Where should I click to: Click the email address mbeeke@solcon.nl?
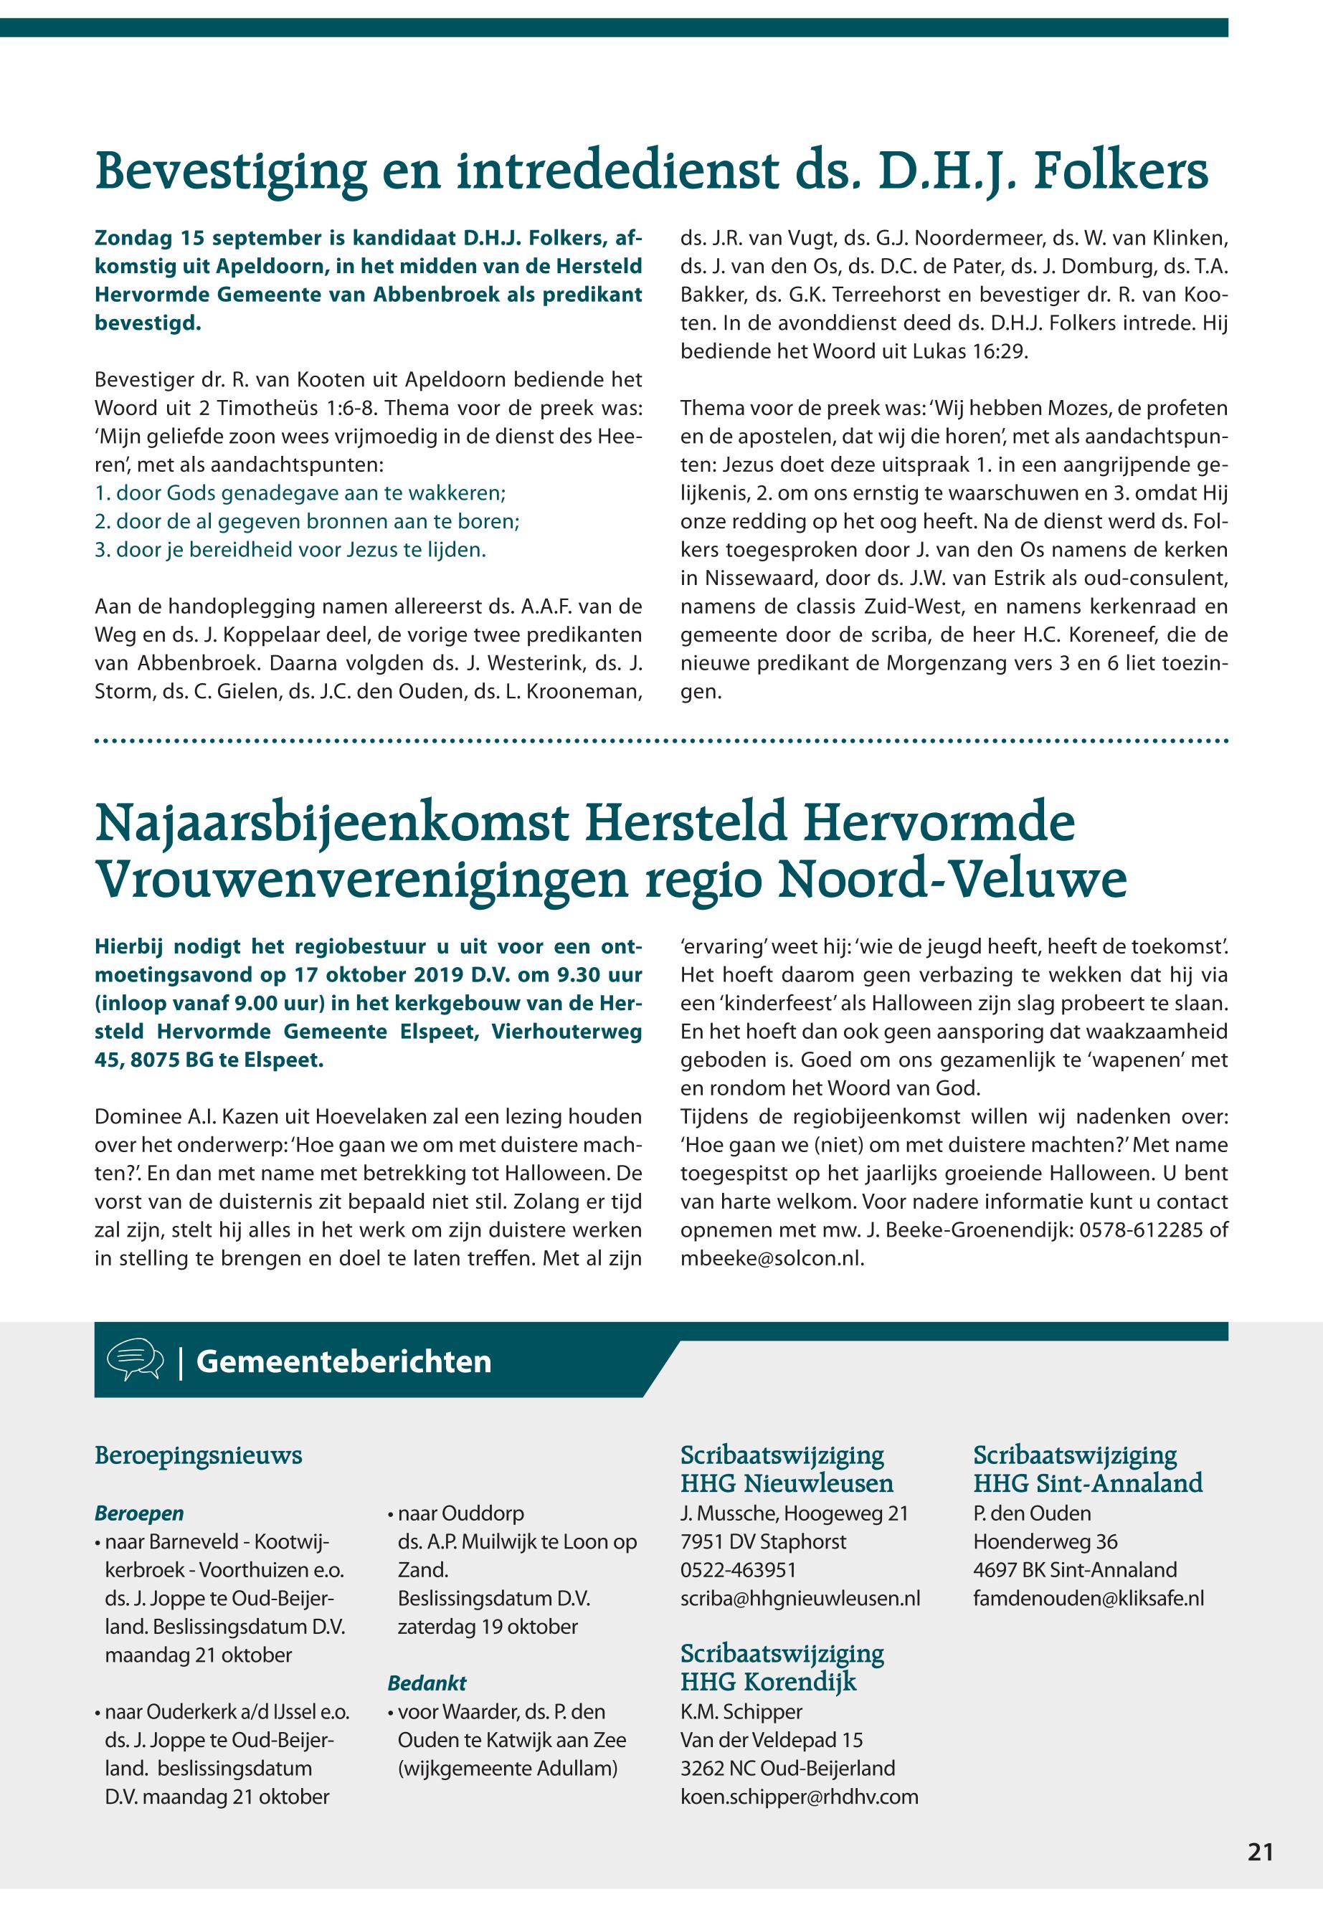pos(771,1258)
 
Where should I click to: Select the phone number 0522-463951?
pos(739,1570)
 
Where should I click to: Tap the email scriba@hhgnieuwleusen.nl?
pos(800,1598)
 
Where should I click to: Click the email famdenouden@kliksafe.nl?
pos(1089,1598)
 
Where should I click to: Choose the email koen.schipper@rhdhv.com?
pos(799,1796)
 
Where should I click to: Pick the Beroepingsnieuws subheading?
pos(198,1455)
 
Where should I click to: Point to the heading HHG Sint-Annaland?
pos(1088,1483)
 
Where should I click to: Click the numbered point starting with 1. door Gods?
pos(300,494)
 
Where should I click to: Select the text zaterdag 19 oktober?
pos(488,1626)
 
